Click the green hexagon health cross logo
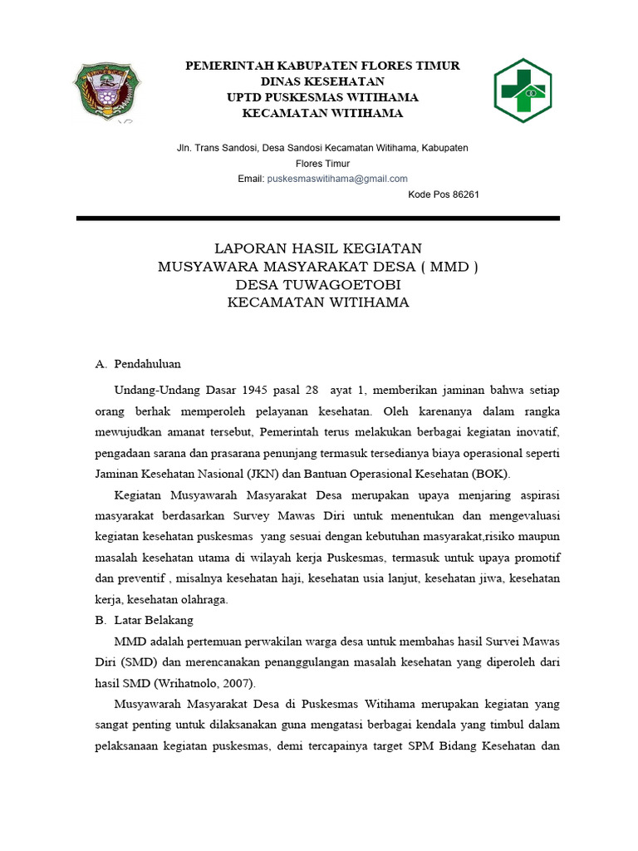coord(528,91)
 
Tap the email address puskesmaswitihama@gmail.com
coord(336,179)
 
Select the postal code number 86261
coord(465,194)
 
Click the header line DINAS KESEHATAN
coord(322,81)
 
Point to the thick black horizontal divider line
coord(318,219)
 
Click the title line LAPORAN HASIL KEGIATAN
coord(318,248)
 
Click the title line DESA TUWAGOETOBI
coord(318,285)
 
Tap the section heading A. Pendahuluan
coord(138,364)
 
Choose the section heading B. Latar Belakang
coord(145,620)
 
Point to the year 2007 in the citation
coord(234,683)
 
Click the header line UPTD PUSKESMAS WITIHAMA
coord(322,97)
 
